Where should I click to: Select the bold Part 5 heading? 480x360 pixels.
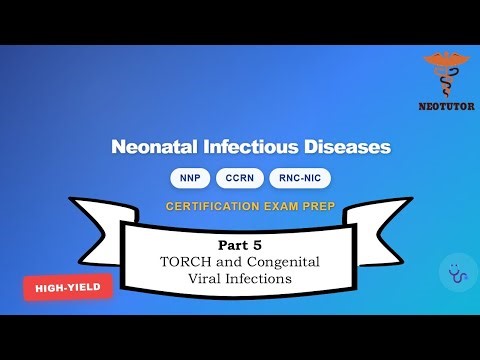[240, 243]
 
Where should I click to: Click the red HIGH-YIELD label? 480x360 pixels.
[68, 288]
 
